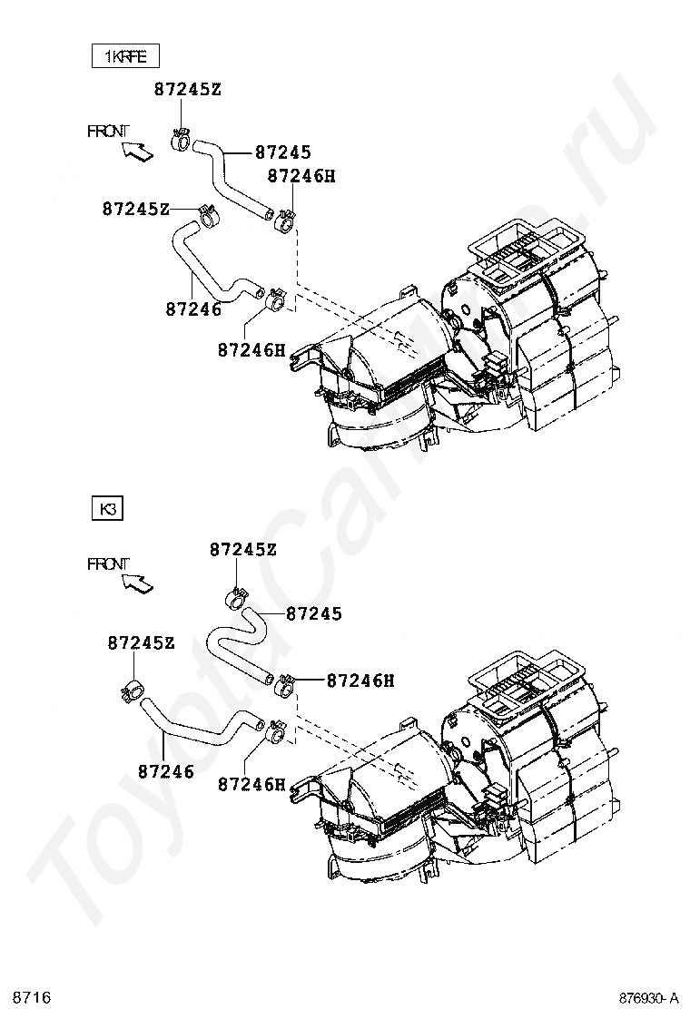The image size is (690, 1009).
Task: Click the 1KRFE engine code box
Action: (x=124, y=56)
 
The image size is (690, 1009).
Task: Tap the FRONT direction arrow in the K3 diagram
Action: (x=137, y=583)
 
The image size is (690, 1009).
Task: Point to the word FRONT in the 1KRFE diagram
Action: (x=108, y=131)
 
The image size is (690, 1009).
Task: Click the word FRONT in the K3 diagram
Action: (x=108, y=563)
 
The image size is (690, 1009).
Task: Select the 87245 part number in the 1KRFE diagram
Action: (x=283, y=153)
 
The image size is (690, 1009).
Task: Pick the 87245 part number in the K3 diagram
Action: (x=314, y=614)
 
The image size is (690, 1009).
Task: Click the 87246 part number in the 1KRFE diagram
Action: (x=193, y=309)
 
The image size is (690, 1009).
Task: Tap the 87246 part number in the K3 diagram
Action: (x=166, y=771)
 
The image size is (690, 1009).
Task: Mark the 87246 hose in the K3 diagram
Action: (x=195, y=726)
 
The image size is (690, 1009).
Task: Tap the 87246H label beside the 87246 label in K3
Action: (x=252, y=784)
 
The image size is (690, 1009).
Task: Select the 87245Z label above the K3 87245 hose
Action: (x=243, y=549)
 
